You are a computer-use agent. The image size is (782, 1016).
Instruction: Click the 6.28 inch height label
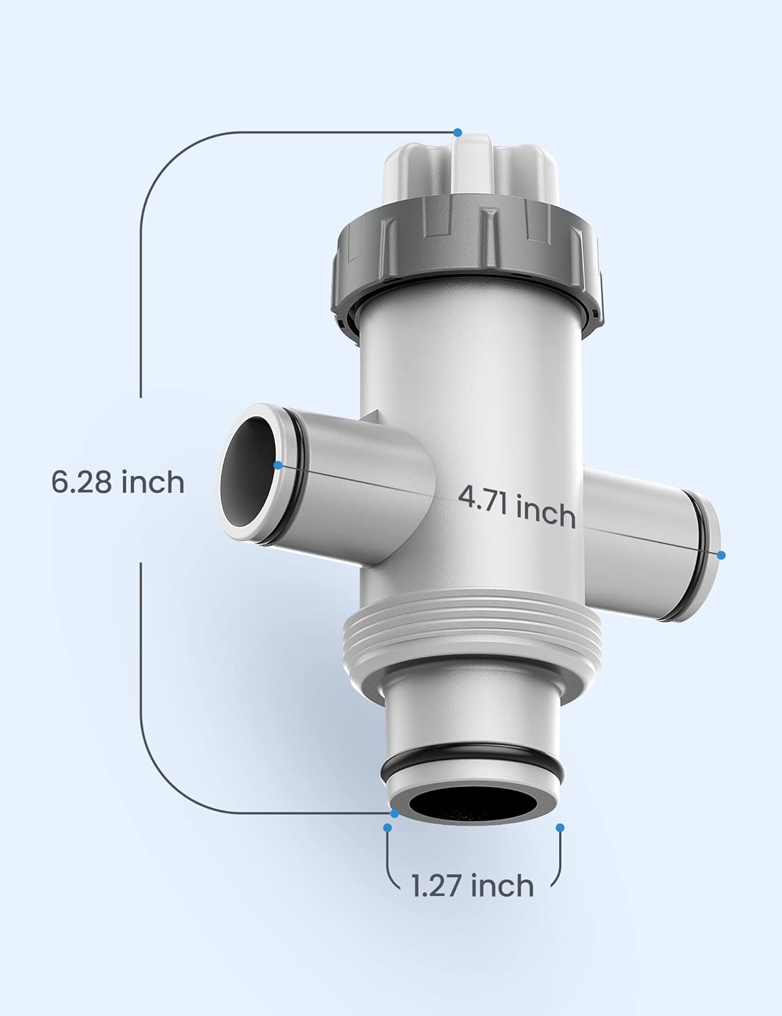tap(117, 482)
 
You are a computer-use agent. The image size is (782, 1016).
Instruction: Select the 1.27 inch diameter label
tap(472, 885)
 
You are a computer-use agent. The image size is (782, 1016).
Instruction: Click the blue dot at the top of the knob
tap(458, 132)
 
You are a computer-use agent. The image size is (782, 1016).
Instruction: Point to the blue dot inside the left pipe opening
tap(278, 465)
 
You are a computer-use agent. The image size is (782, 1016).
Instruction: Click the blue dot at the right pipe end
tap(721, 555)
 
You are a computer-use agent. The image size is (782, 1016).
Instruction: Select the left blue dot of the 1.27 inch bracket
tap(388, 828)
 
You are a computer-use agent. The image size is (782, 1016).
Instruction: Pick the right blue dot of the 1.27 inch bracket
tap(560, 828)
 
